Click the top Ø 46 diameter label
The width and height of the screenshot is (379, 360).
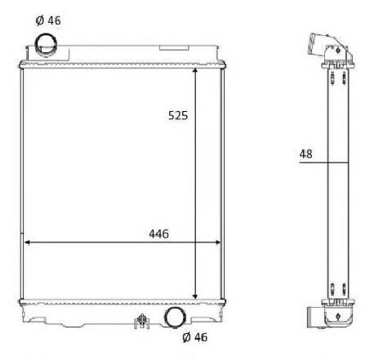[x=48, y=20]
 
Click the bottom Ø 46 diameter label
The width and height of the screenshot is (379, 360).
[x=195, y=337]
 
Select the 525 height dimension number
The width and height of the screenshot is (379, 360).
[x=178, y=115]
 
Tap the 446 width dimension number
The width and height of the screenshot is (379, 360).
[x=158, y=233]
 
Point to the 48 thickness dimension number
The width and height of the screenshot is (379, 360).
[x=305, y=154]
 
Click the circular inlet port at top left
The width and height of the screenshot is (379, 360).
[x=46, y=44]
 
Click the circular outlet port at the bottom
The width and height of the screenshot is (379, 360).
[x=175, y=318]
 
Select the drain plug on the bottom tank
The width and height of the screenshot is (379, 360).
[x=142, y=321]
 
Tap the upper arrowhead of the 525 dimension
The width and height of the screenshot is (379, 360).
[x=195, y=71]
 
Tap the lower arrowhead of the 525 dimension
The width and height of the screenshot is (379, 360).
[x=195, y=296]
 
